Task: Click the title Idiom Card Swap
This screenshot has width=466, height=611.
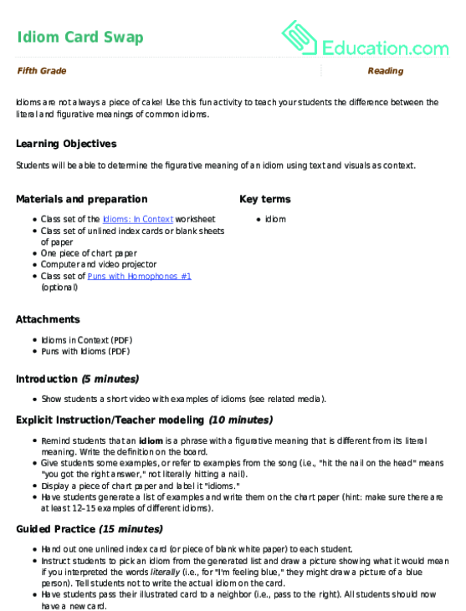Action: click(x=79, y=37)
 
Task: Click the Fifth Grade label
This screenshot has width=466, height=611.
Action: click(x=41, y=71)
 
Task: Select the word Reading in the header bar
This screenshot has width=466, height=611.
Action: click(x=385, y=71)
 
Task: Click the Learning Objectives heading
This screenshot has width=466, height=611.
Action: click(x=66, y=144)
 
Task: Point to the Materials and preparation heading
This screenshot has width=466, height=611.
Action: click(x=82, y=199)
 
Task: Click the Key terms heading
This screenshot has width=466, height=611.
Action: click(x=265, y=199)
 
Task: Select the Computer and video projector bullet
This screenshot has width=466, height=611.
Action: click(x=99, y=264)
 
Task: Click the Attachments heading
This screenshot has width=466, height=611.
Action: click(x=49, y=319)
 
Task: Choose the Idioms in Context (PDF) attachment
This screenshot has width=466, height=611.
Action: click(x=86, y=340)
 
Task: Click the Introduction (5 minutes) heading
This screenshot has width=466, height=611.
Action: click(x=78, y=379)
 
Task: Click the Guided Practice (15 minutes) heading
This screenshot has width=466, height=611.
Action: click(x=90, y=529)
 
